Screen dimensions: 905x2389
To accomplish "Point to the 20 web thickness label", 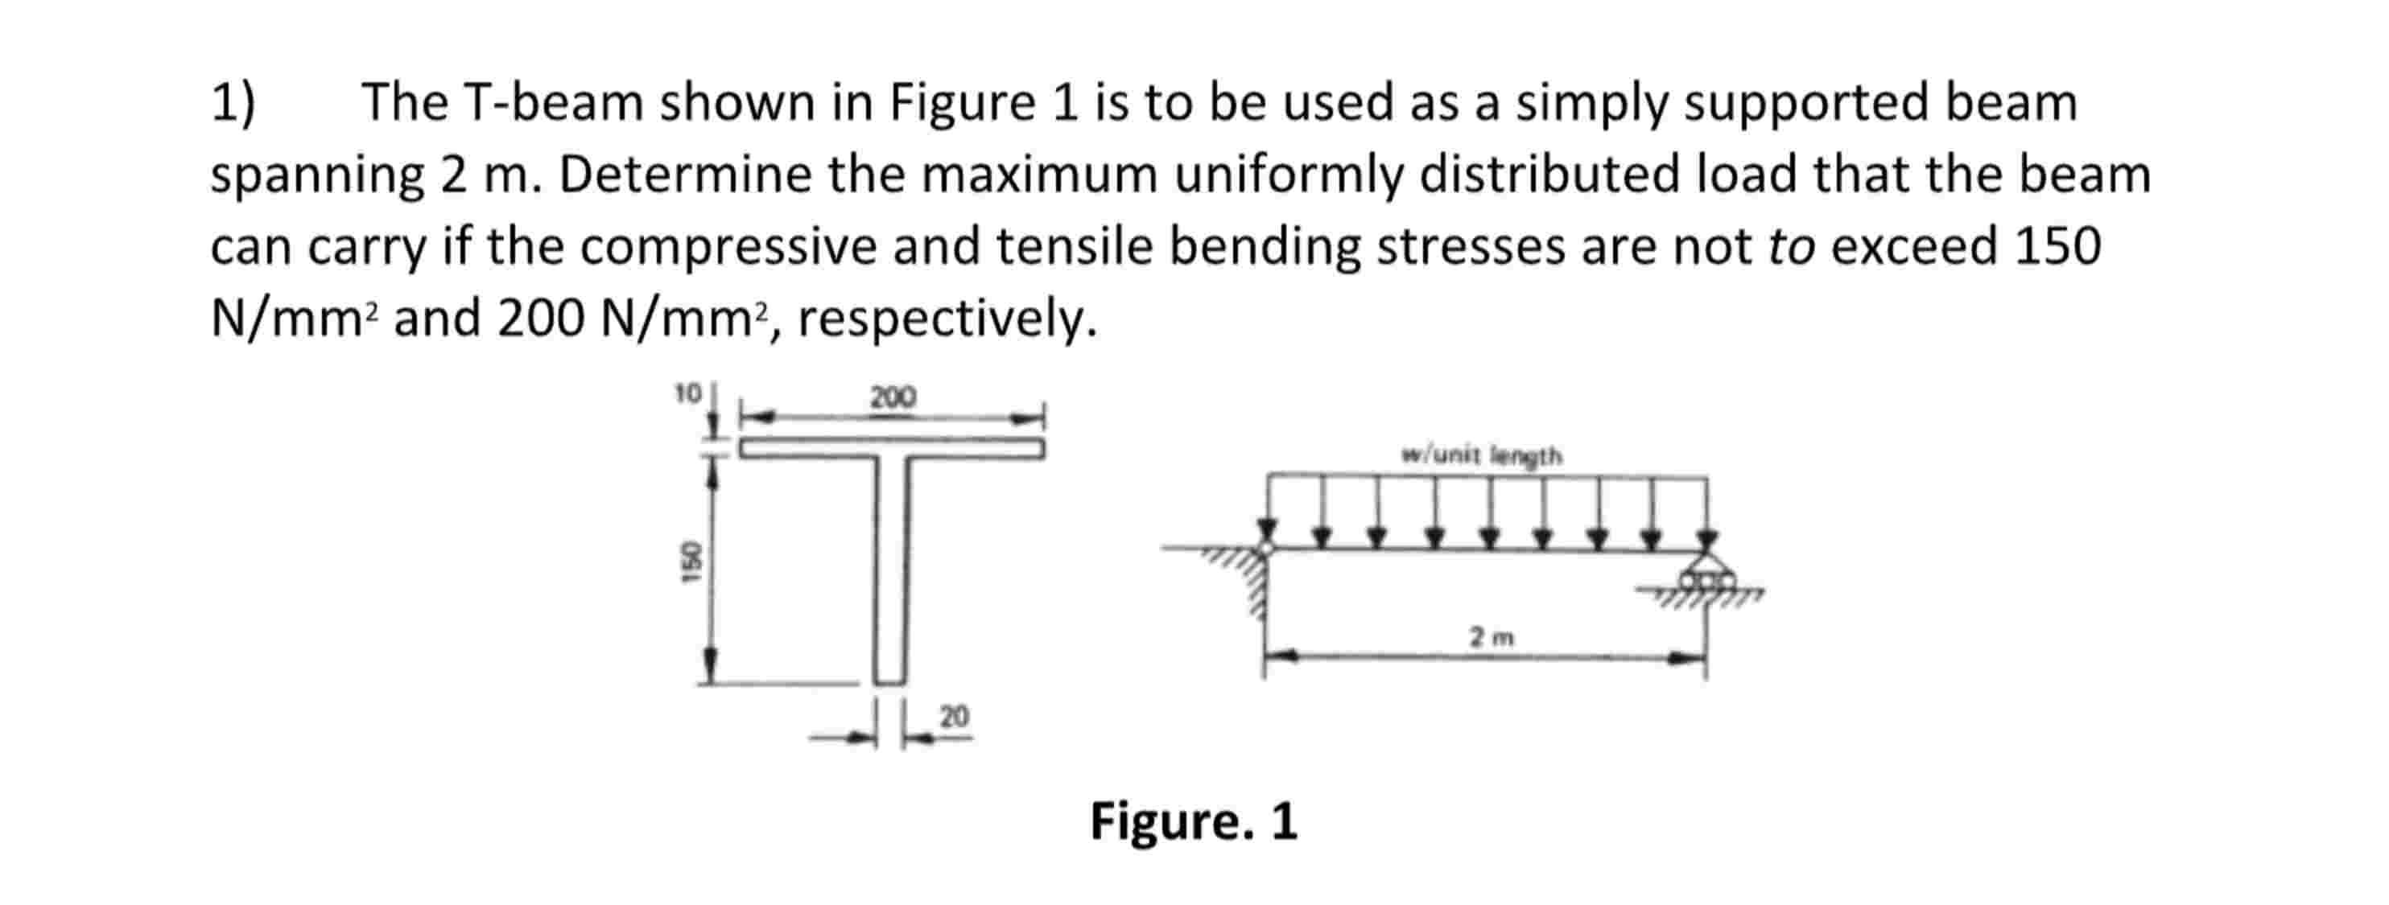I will point(955,716).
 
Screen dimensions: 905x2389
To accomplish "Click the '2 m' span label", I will point(1492,637).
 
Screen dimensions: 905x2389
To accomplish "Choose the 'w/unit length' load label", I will point(1482,455).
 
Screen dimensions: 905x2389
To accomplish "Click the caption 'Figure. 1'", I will point(1194,821).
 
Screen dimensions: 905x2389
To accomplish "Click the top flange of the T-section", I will point(892,449).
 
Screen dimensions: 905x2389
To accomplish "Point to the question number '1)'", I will point(233,102).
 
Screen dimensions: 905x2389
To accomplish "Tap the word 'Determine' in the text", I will point(685,175).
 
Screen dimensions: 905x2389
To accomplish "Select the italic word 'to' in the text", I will point(1791,247).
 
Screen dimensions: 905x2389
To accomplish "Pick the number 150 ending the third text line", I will point(2058,247).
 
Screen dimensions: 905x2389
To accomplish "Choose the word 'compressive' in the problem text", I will point(728,247).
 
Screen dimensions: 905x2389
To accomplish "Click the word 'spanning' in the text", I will point(317,176).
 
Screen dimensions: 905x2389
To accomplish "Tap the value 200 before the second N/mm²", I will point(541,319).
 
